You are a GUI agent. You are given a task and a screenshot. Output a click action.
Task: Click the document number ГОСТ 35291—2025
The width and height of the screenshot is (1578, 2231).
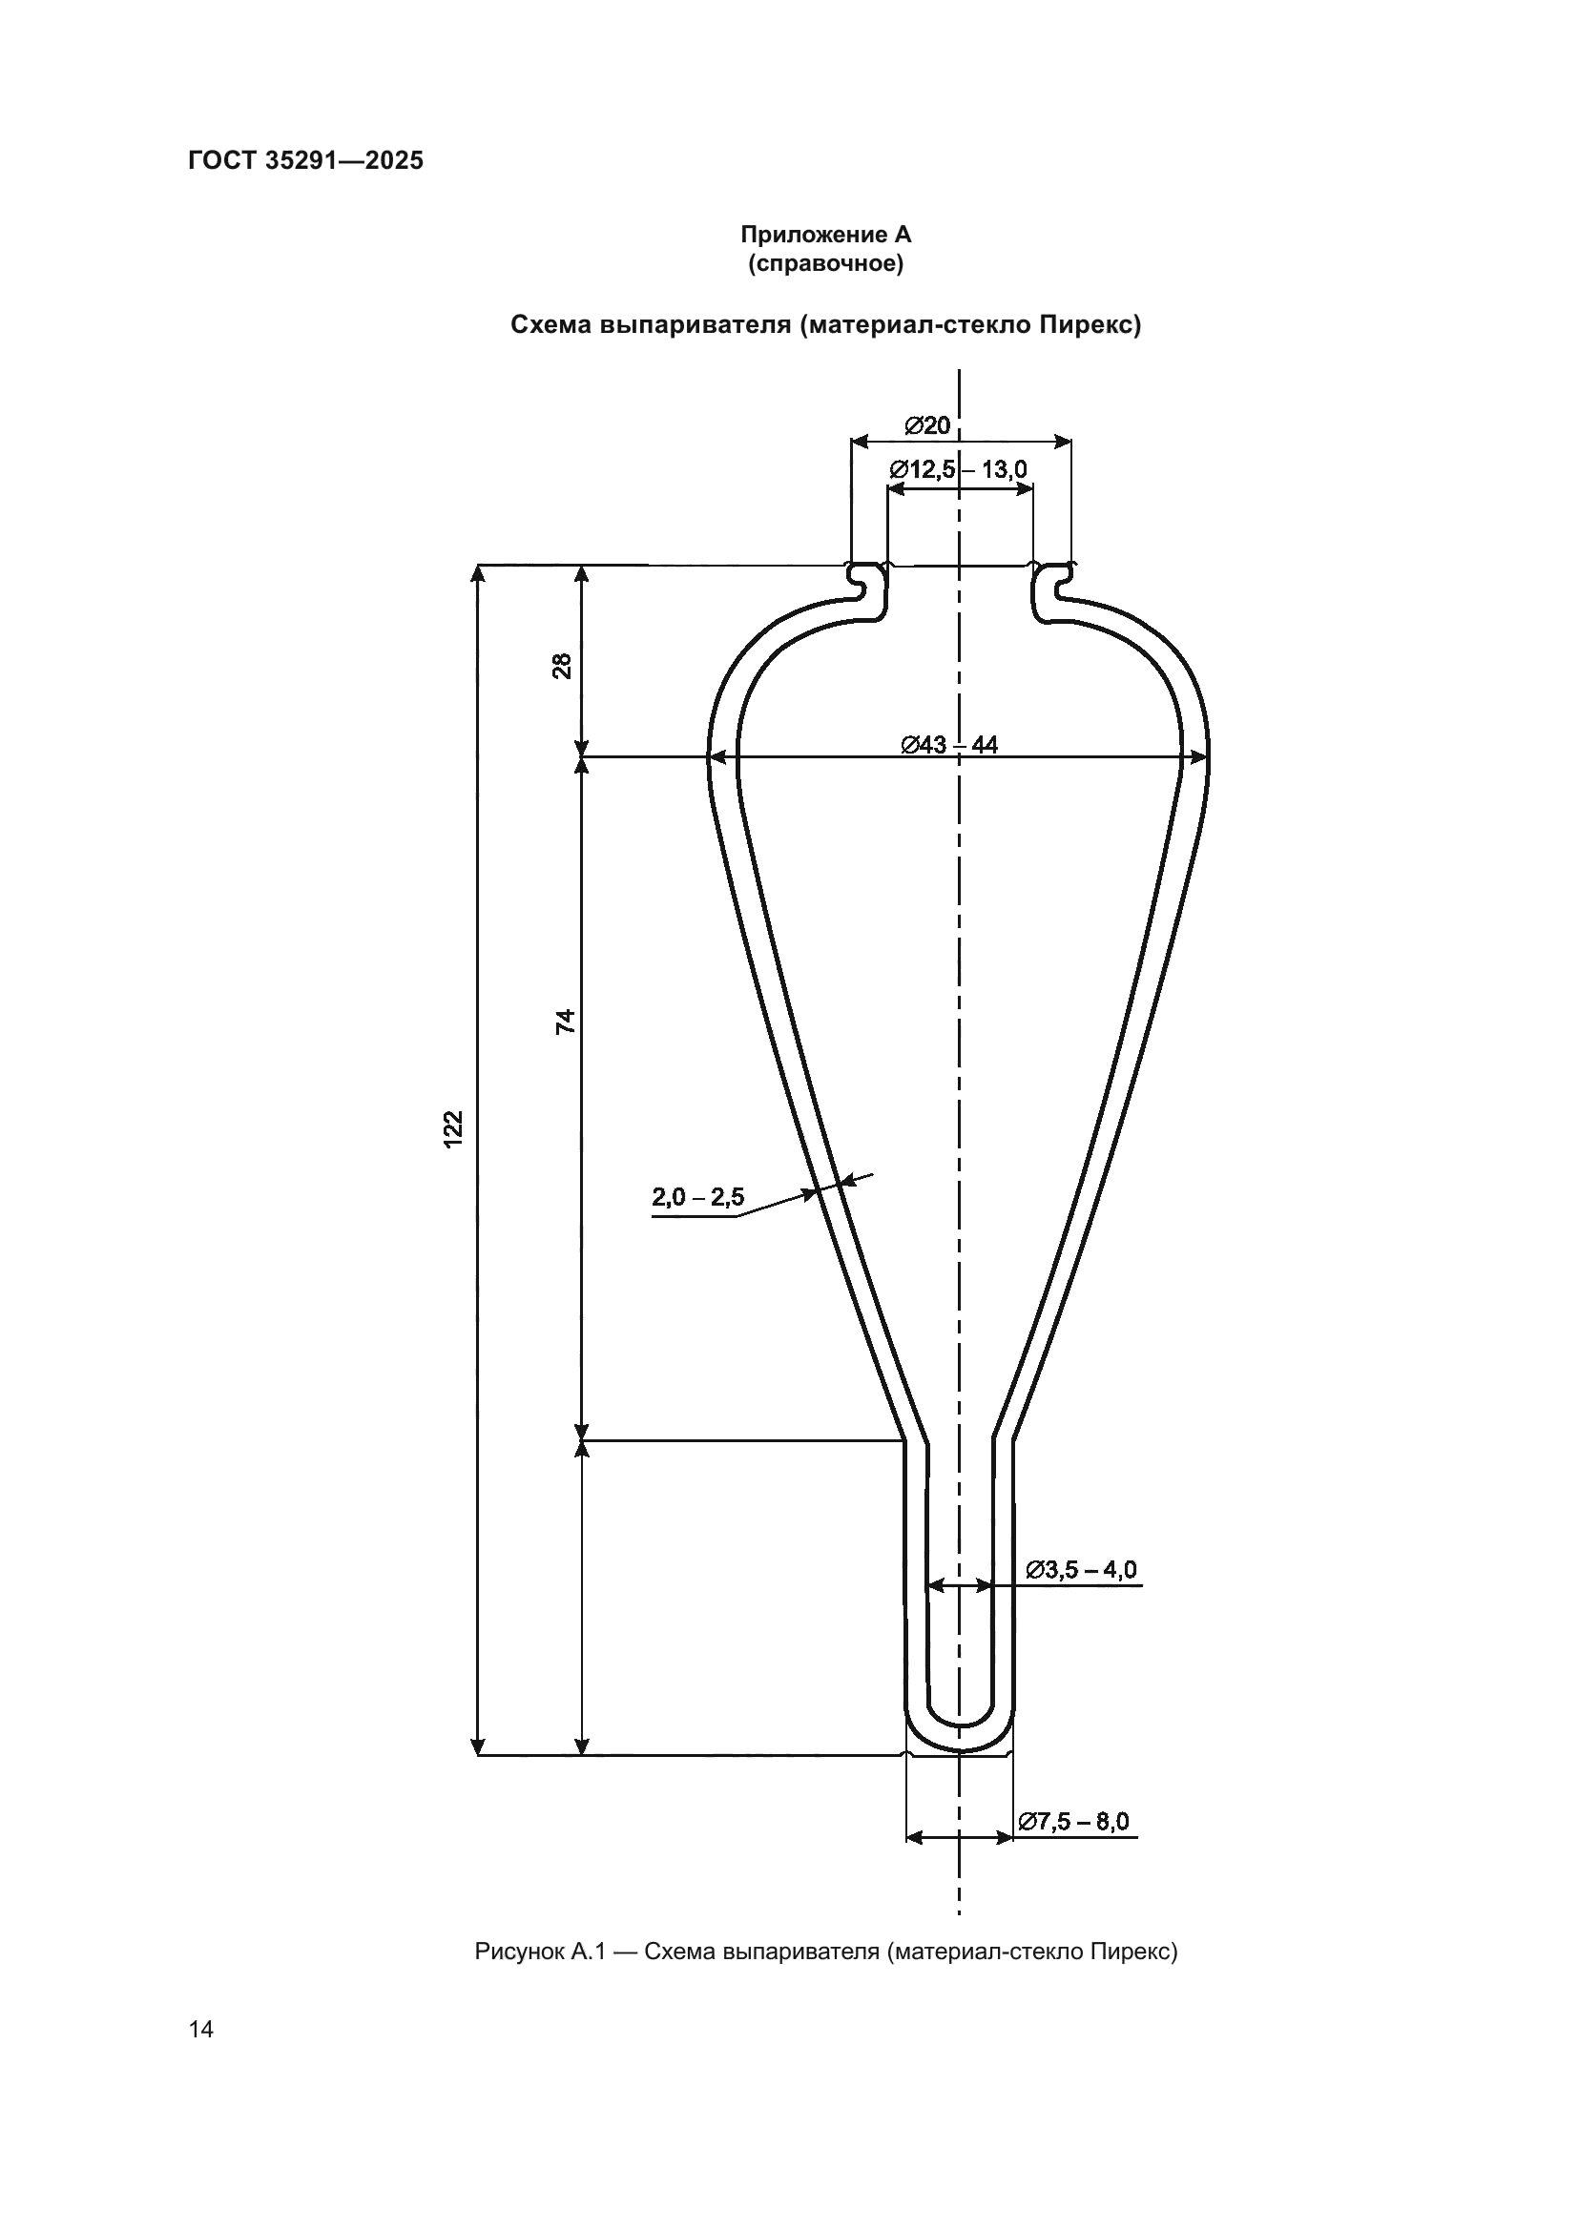pyautogui.click(x=305, y=160)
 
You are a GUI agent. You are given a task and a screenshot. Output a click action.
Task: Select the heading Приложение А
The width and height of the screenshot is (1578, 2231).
pyautogui.click(x=826, y=235)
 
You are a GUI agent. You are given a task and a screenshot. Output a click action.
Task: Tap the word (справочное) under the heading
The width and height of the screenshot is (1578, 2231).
pyautogui.click(x=826, y=263)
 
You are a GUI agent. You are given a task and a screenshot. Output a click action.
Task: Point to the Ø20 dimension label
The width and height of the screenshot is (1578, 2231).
pyautogui.click(x=927, y=425)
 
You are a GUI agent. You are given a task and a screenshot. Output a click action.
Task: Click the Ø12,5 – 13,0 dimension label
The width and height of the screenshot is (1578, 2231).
pyautogui.click(x=958, y=470)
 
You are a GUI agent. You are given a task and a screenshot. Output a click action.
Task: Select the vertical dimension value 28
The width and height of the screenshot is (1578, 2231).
pyautogui.click(x=563, y=666)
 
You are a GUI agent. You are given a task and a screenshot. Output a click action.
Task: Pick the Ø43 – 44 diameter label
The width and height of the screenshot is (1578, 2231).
pyautogui.click(x=949, y=745)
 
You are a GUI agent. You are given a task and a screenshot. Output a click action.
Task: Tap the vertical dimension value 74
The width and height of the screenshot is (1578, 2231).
pyautogui.click(x=565, y=1022)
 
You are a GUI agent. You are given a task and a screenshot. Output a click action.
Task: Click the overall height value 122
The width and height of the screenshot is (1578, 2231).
pyautogui.click(x=454, y=1129)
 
